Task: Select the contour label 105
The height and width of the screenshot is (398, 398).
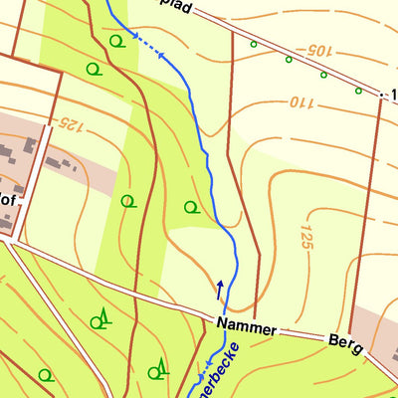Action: (x=316, y=48)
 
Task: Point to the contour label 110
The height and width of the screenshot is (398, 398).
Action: (x=301, y=101)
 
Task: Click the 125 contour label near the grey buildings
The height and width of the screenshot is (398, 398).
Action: (x=69, y=123)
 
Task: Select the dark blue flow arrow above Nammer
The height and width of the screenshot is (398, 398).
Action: (x=220, y=290)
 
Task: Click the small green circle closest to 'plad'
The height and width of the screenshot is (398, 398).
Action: (x=253, y=45)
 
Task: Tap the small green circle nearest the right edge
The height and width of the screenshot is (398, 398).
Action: (x=358, y=91)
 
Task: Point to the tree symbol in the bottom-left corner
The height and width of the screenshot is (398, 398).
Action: (x=44, y=375)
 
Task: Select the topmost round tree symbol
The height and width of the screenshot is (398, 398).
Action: (x=118, y=40)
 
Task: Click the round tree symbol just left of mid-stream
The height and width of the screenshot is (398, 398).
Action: (x=191, y=207)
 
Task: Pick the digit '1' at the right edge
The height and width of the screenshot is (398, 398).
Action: (x=393, y=95)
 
